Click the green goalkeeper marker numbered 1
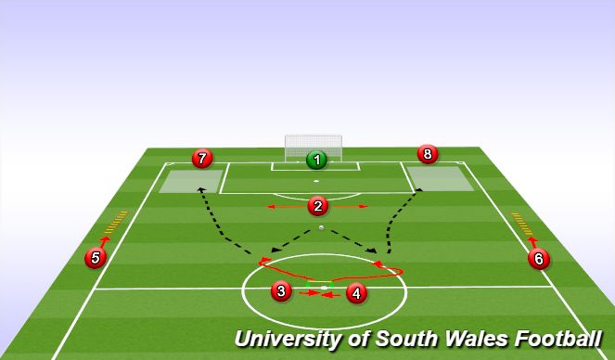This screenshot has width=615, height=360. click(x=316, y=160)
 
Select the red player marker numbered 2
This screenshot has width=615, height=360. click(x=317, y=206)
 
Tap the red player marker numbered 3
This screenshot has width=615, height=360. click(x=280, y=292)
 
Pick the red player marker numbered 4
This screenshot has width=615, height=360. click(x=355, y=294)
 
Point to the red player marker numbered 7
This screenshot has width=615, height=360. click(x=201, y=159)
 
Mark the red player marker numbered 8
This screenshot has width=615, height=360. click(x=426, y=154)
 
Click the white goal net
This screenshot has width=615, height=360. click(x=313, y=146)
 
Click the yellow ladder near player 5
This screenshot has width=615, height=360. click(x=116, y=223)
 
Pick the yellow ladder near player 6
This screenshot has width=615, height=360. click(x=522, y=223)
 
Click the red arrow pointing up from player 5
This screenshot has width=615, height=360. click(x=104, y=241)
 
